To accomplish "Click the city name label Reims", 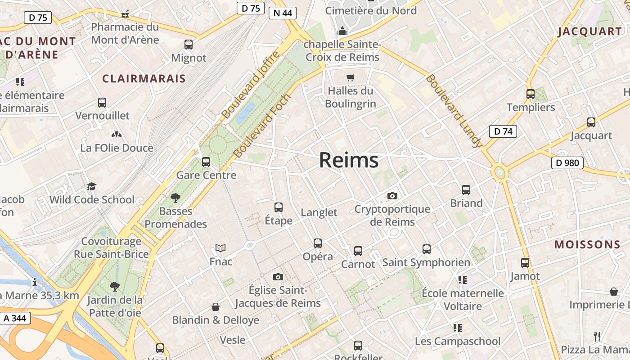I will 349,160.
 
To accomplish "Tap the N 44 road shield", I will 283,13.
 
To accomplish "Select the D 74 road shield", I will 503,131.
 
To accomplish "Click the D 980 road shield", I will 567,163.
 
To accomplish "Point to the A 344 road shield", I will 15,318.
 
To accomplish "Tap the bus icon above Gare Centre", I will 206,162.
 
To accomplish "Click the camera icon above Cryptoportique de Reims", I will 392,196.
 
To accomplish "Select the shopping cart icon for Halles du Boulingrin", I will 351,77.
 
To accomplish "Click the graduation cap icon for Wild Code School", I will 92,186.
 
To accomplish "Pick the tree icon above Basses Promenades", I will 175,198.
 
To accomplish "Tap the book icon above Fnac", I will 220,248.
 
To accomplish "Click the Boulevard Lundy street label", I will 454,111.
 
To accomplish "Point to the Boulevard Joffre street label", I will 251,85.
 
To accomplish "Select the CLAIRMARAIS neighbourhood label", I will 144,79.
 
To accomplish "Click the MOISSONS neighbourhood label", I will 587,245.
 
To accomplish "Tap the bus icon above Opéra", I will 318,243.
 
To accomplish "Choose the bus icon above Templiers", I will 531,94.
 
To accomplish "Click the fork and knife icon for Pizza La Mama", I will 597,336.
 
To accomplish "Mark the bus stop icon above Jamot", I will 525,263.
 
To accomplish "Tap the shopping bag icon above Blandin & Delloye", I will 216,307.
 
